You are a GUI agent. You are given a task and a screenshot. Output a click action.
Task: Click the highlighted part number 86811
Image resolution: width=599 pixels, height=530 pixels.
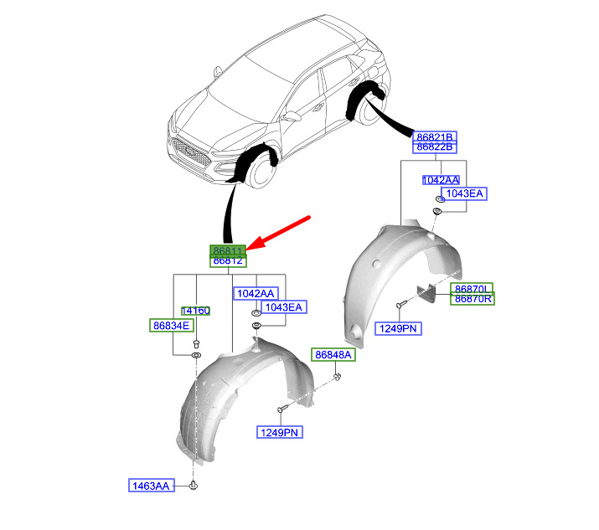tap(227, 250)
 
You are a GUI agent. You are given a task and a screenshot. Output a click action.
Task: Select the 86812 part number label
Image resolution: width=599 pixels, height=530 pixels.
tap(227, 261)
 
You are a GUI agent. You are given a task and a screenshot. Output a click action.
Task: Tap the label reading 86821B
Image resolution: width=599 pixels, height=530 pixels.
tap(435, 136)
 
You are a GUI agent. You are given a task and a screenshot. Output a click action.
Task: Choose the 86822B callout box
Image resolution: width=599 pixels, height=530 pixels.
tap(435, 147)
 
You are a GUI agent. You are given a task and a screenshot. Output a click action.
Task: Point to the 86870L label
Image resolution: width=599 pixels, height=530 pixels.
tap(472, 288)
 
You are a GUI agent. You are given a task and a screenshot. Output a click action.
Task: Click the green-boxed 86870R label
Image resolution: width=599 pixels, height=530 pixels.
tap(472, 299)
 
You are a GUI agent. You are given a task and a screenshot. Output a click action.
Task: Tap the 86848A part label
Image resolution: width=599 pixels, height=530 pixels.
tap(334, 355)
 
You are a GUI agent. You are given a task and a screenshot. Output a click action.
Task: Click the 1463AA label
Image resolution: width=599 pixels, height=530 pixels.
tap(149, 485)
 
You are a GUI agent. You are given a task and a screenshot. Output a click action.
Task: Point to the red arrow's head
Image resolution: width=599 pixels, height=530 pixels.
tap(254, 247)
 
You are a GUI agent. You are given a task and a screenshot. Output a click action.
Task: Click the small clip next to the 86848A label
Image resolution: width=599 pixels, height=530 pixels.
tap(338, 378)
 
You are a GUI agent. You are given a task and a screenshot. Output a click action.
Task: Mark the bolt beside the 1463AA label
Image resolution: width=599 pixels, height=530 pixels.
tap(194, 485)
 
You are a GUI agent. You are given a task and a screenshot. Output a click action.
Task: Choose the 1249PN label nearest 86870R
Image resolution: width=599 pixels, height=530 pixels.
tap(399, 328)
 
